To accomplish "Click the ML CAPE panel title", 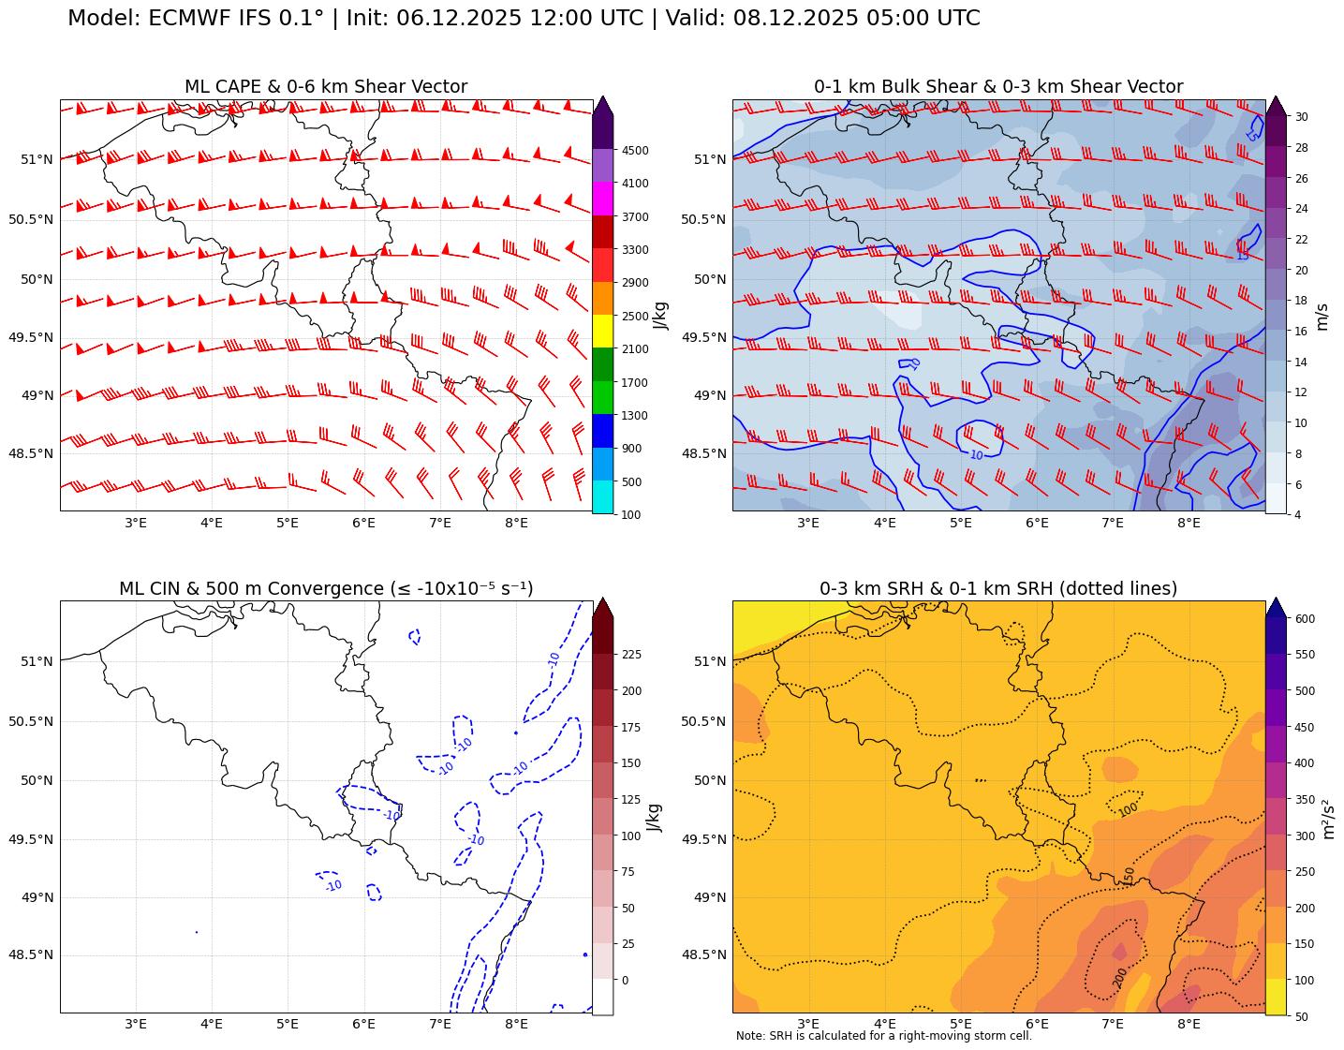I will point(325,87).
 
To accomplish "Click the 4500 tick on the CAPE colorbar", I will point(635,150).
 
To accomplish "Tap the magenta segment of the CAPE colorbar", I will point(602,200).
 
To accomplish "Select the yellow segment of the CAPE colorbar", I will point(602,332).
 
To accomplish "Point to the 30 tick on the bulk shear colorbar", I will point(1302,116).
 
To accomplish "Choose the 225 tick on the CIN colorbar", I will point(631,654).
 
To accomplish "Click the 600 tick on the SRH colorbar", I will point(1305,619).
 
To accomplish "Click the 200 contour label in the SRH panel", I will point(1120,977).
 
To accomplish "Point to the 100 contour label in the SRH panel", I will point(1129,808).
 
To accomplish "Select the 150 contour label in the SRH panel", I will point(1130,876).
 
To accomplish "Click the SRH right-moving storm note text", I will point(883,1036).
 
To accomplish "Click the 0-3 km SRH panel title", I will point(997,589).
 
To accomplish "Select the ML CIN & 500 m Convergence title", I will point(325,589).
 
